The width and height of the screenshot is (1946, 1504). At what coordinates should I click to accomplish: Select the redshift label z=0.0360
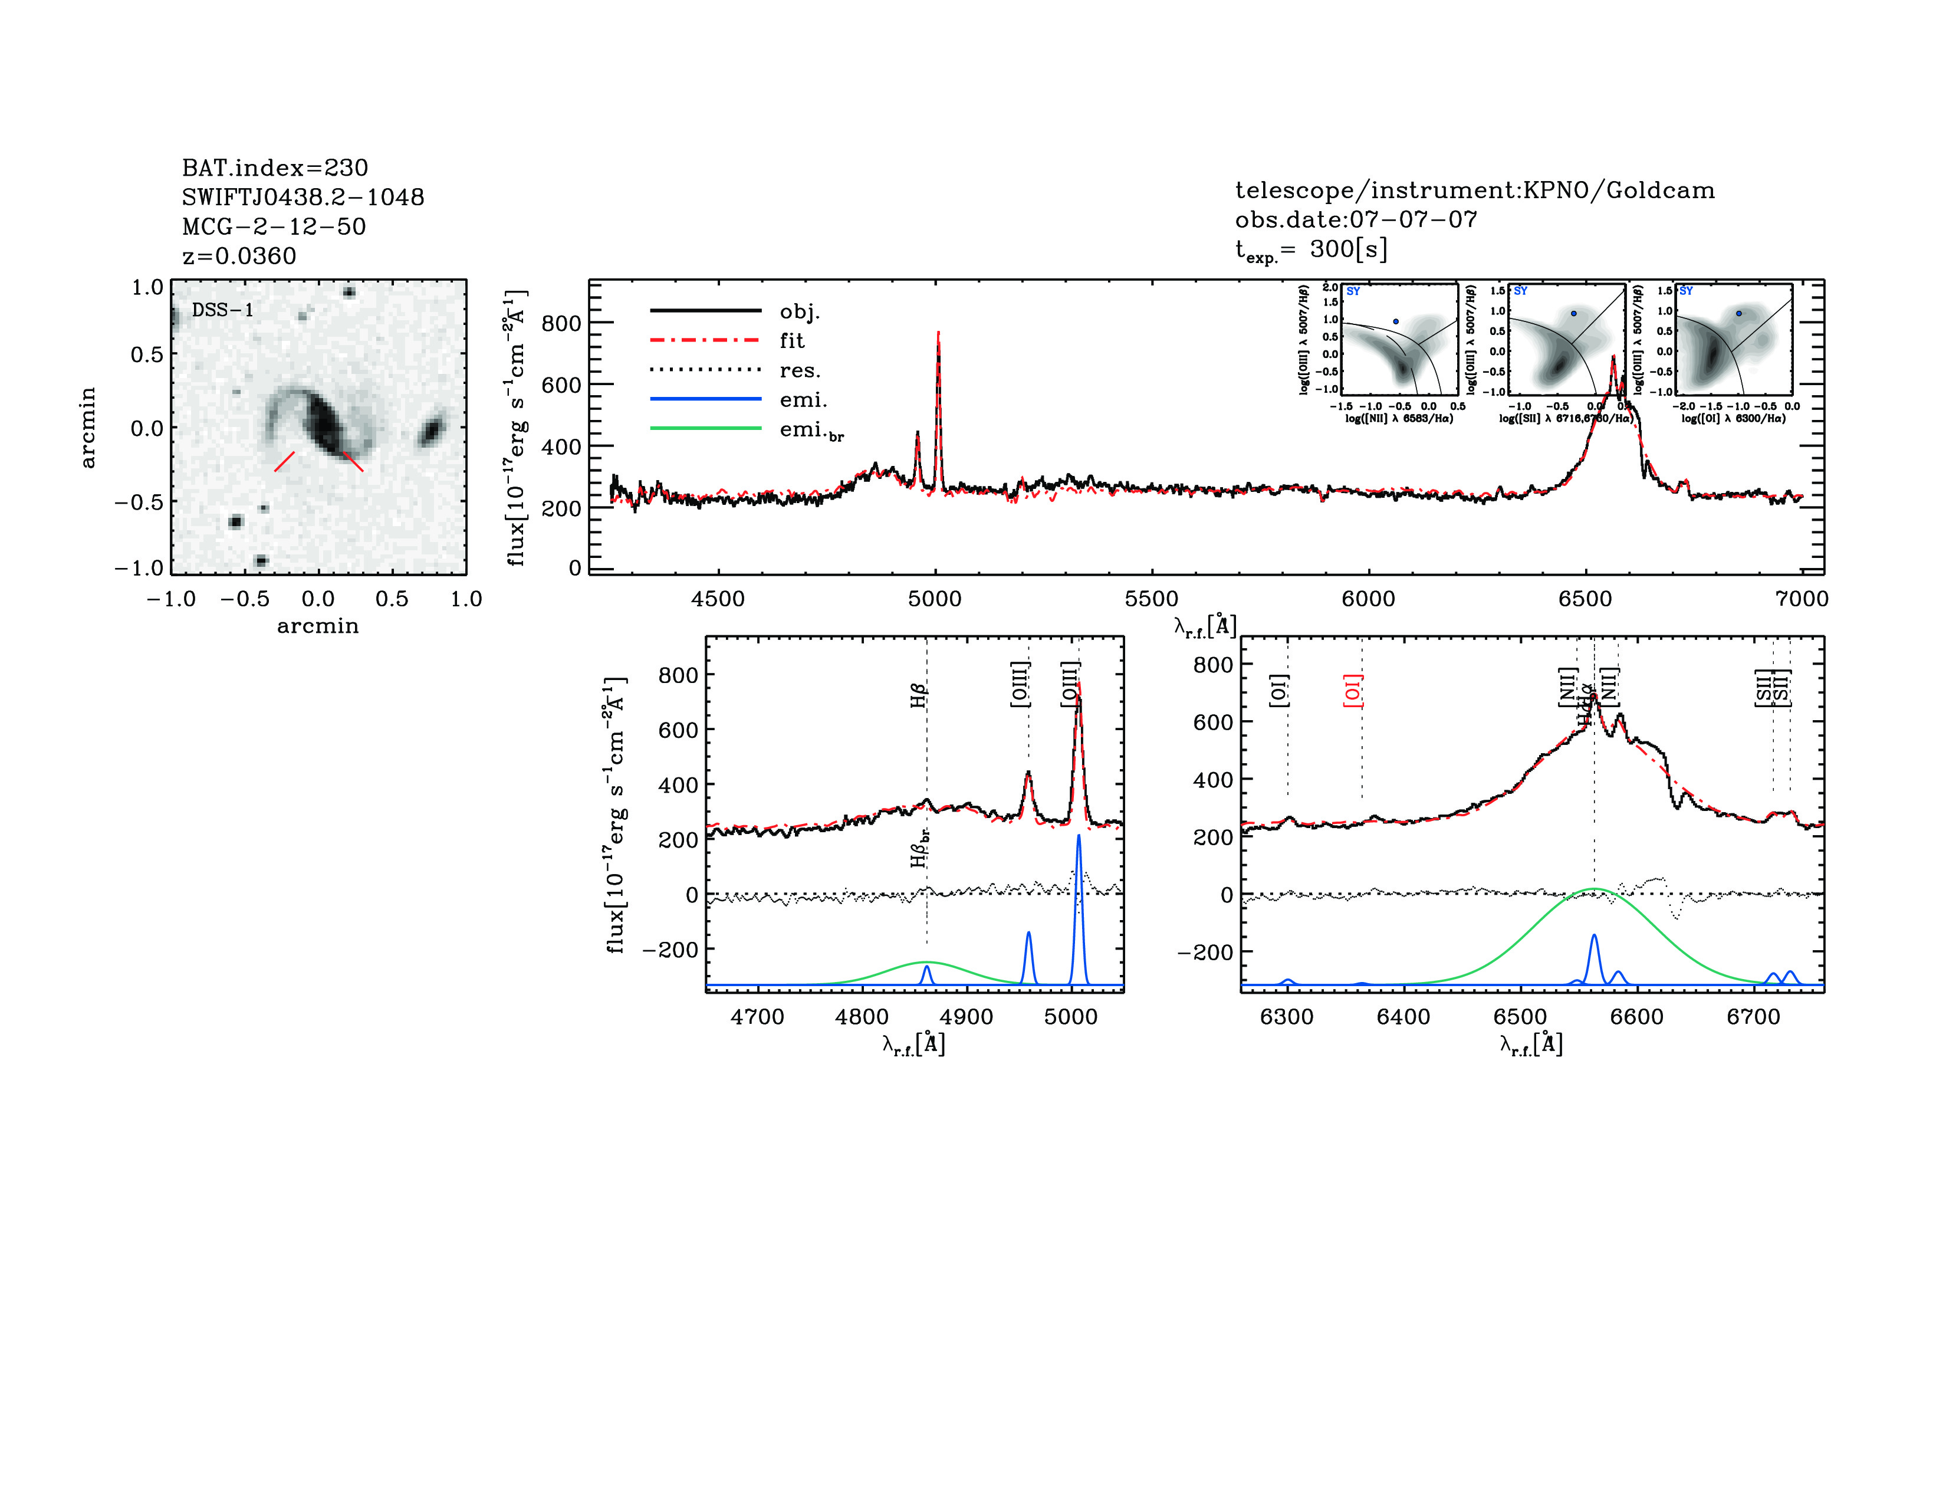pyautogui.click(x=239, y=256)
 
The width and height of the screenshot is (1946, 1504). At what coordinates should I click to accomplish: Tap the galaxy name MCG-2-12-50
pyautogui.click(x=274, y=226)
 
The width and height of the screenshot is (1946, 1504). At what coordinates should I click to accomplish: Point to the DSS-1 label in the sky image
pyautogui.click(x=223, y=310)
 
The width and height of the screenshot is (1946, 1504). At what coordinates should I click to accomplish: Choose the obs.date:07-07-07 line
pyautogui.click(x=1355, y=219)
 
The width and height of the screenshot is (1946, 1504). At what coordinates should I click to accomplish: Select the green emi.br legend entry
pyautogui.click(x=811, y=431)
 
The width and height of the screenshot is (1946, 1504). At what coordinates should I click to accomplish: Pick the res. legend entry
pyautogui.click(x=799, y=370)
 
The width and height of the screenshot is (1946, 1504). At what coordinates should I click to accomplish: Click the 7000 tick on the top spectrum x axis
pyautogui.click(x=1802, y=599)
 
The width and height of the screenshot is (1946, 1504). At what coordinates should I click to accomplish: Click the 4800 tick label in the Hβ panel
pyautogui.click(x=862, y=1017)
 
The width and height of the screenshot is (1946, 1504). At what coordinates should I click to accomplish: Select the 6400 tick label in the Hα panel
pyautogui.click(x=1403, y=1017)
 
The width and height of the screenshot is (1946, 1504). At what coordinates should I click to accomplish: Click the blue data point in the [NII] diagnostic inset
pyautogui.click(x=1395, y=321)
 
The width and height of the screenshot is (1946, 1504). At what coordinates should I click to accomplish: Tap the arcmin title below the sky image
pyautogui.click(x=317, y=626)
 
